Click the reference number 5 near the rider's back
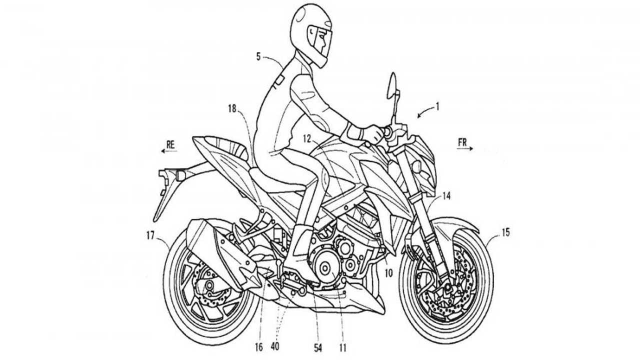pyautogui.click(x=258, y=56)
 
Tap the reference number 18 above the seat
pyautogui.click(x=232, y=109)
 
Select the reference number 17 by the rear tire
pyautogui.click(x=150, y=235)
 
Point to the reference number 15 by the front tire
pyautogui.click(x=505, y=232)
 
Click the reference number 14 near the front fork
pyautogui.click(x=446, y=196)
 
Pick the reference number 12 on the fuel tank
pyautogui.click(x=307, y=139)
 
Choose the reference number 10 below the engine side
pyautogui.click(x=388, y=273)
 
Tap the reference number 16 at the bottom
pyautogui.click(x=259, y=347)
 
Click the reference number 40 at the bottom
pyautogui.click(x=275, y=346)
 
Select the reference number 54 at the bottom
pyautogui.click(x=317, y=347)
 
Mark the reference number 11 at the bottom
pyautogui.click(x=342, y=347)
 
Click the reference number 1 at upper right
pyautogui.click(x=436, y=107)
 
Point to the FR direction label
pyautogui.click(x=462, y=143)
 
